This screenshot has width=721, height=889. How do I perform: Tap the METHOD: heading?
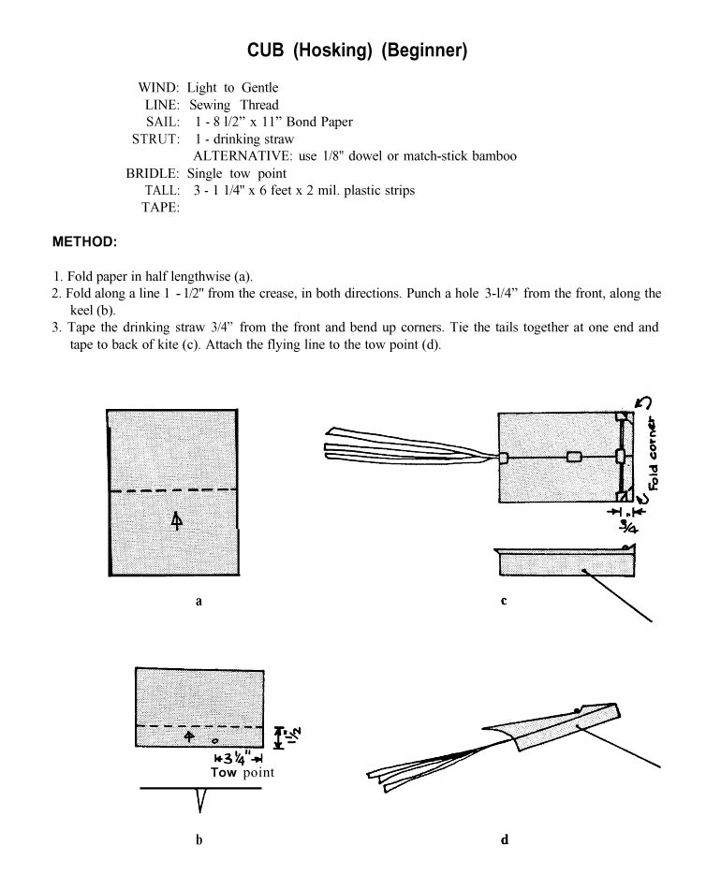pos(84,241)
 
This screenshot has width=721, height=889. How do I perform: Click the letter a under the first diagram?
pos(199,602)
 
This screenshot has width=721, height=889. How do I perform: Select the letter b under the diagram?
pos(199,839)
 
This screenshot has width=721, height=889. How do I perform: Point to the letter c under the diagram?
pos(504,602)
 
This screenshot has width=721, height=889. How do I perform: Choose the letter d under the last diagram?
pos(504,839)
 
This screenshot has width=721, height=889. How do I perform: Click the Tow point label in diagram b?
pos(243,773)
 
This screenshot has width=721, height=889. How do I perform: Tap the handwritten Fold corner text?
pos(653,450)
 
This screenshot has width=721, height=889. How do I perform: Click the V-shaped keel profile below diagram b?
pos(199,799)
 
